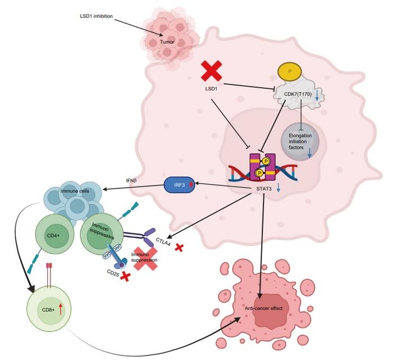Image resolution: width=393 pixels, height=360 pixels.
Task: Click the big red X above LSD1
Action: point(212,72)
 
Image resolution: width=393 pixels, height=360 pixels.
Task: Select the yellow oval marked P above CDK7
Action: point(290,71)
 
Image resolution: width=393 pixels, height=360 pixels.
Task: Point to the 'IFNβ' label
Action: point(132,181)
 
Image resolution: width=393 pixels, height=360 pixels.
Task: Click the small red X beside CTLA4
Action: point(179,247)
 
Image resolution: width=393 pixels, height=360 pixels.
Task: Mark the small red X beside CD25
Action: point(126,276)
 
